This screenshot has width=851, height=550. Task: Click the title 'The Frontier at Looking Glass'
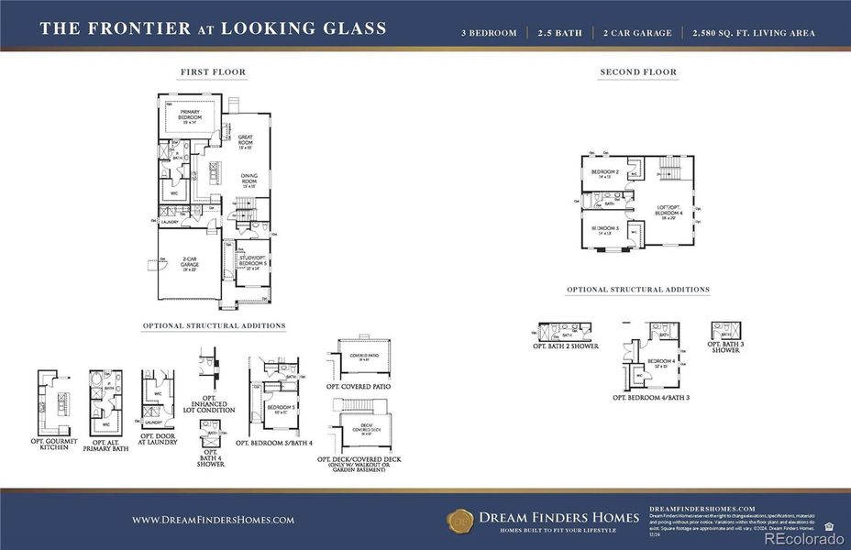pyautogui.click(x=213, y=28)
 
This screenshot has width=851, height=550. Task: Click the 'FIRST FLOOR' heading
pyautogui.click(x=213, y=71)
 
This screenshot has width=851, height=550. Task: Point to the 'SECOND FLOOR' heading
pyautogui.click(x=638, y=71)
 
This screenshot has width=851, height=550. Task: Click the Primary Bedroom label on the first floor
pyautogui.click(x=189, y=115)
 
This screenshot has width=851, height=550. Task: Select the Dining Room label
pyautogui.click(x=249, y=180)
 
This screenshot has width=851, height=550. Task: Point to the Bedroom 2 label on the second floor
pyautogui.click(x=604, y=173)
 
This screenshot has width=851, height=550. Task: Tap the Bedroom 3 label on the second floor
pyautogui.click(x=604, y=229)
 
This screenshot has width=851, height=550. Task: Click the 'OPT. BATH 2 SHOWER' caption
pyautogui.click(x=566, y=346)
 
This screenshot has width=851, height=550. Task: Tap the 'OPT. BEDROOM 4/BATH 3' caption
pyautogui.click(x=650, y=398)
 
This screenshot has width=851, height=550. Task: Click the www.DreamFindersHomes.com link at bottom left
pyautogui.click(x=213, y=520)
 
